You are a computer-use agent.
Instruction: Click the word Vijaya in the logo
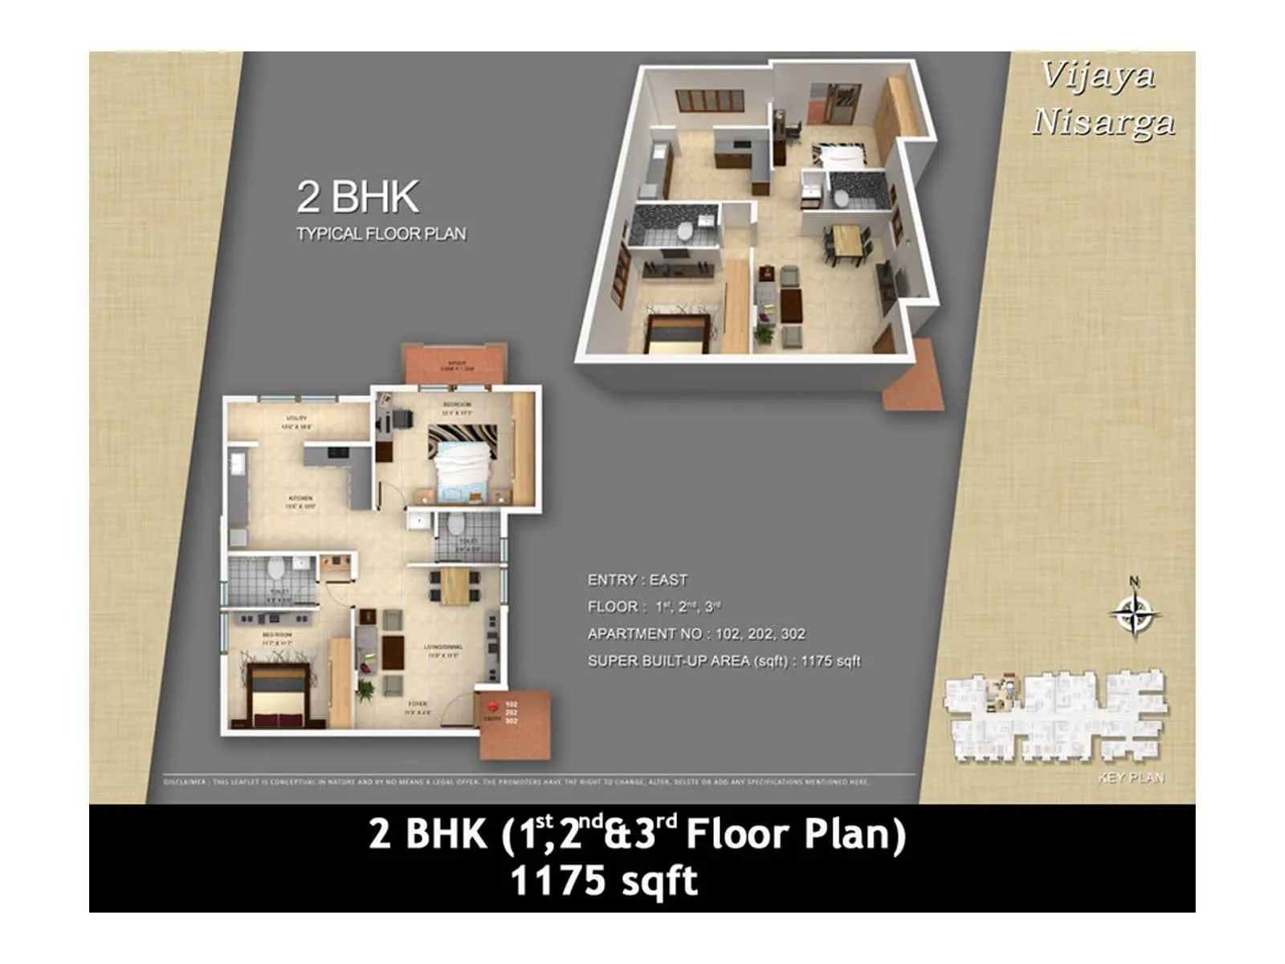[1098, 76]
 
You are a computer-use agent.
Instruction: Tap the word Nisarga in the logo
[1103, 123]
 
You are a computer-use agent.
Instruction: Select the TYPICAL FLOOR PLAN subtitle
[381, 234]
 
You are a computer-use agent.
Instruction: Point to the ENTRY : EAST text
[637, 580]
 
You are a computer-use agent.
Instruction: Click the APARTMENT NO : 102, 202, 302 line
[696, 634]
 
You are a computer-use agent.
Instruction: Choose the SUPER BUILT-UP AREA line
[723, 661]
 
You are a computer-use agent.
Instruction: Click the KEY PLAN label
[1131, 778]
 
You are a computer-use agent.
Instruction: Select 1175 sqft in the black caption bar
[604, 880]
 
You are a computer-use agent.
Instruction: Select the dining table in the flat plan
[455, 586]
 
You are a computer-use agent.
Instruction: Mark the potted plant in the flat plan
[366, 688]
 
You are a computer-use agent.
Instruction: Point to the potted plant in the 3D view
[764, 332]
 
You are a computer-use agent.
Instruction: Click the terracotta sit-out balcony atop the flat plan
[455, 366]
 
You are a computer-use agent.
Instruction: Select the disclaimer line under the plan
[515, 782]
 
